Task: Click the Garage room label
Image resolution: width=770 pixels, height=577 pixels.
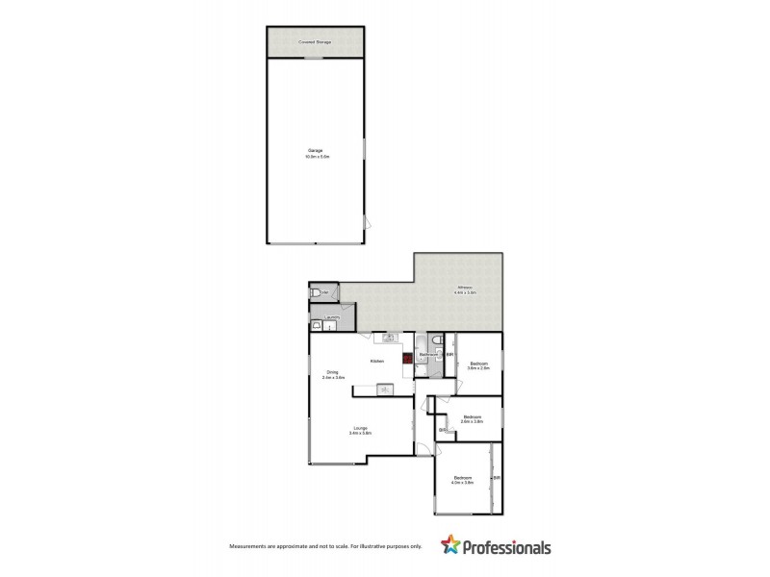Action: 316,151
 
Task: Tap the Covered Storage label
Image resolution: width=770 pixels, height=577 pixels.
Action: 316,42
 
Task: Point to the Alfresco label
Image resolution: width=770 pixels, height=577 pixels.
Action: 465,288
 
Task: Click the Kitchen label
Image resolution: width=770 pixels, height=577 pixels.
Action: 378,361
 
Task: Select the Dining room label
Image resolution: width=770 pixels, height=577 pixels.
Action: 331,373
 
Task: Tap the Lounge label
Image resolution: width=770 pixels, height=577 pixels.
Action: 360,428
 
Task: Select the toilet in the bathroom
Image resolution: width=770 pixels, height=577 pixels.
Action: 437,341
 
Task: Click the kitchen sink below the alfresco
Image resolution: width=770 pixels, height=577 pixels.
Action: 391,338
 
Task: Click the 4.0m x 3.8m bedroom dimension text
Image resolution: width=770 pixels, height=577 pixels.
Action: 464,483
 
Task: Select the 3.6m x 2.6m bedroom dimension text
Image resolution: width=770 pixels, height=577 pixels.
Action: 478,367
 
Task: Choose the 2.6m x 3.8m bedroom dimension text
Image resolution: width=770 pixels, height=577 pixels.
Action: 471,421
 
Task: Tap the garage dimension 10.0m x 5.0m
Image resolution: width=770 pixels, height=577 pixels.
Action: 316,156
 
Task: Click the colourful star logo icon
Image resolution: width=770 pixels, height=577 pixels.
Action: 449,545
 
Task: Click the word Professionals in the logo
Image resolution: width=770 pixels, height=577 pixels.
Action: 505,547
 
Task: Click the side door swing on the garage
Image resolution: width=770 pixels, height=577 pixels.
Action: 364,222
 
